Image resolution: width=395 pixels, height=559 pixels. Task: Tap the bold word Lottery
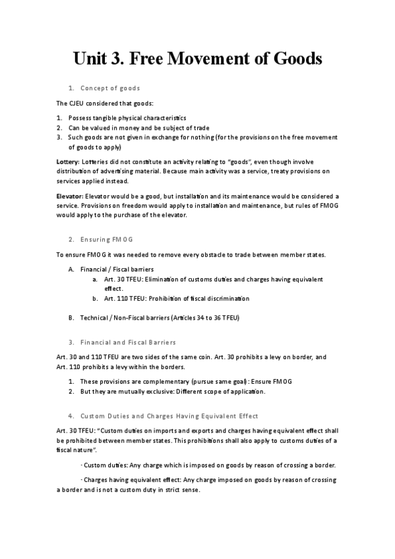pos(67,162)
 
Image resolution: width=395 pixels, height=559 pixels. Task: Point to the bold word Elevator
pos(69,196)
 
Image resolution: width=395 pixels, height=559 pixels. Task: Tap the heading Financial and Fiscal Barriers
pos(128,342)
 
